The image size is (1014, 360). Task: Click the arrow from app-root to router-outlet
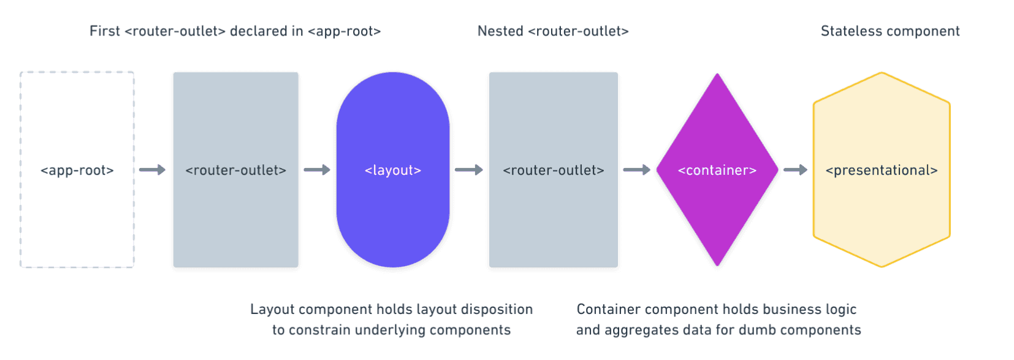[x=152, y=170]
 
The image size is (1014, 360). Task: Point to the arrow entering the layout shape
[x=316, y=170]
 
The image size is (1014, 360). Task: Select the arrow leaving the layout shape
[x=468, y=170]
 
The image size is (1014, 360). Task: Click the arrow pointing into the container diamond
[x=636, y=170]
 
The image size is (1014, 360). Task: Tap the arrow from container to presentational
[x=795, y=170]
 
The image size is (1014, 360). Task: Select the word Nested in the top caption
[x=500, y=31]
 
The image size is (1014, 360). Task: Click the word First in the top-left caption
[x=104, y=31]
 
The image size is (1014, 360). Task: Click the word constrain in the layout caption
[x=319, y=330]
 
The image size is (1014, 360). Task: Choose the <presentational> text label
[x=882, y=170]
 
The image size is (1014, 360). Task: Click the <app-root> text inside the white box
[x=77, y=170]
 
